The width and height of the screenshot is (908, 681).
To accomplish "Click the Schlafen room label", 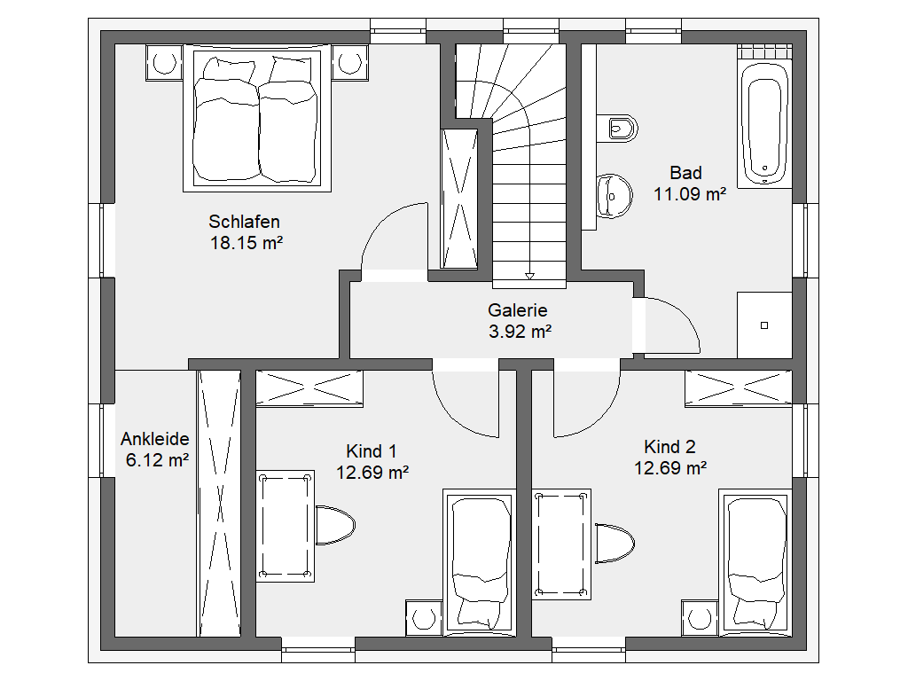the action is [244, 222].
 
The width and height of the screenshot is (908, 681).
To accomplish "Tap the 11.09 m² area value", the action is [690, 194].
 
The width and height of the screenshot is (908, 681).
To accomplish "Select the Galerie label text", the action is [518, 310].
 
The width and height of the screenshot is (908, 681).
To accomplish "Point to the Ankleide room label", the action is [154, 439].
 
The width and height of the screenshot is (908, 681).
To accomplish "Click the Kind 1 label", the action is [372, 451].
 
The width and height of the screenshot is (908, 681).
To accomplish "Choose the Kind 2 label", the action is [669, 447].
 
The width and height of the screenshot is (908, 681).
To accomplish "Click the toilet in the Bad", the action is [618, 128].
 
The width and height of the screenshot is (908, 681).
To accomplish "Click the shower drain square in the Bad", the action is [764, 325].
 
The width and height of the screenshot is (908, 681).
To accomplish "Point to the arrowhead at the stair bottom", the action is [529, 277].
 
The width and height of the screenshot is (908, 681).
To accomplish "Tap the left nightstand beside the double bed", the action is [164, 62].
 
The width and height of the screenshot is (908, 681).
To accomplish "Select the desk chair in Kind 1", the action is [335, 525].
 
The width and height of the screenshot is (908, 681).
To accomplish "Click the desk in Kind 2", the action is [561, 544].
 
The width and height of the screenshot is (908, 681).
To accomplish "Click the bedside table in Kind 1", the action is [425, 618].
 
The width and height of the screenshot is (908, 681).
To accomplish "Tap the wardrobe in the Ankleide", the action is [219, 504].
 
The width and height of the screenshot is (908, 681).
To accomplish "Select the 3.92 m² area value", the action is [520, 332].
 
